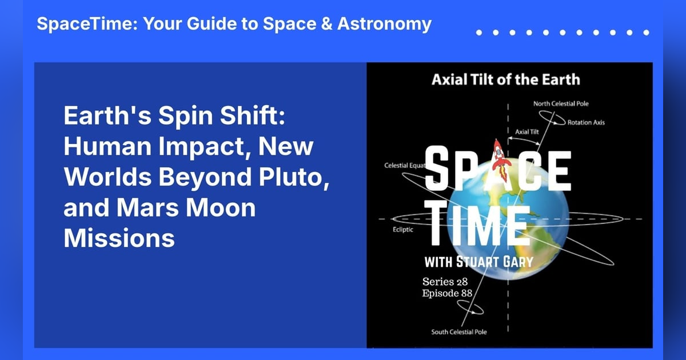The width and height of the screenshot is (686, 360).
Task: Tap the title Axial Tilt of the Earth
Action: coord(506,79)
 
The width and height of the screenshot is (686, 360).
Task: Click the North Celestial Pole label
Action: coord(561,104)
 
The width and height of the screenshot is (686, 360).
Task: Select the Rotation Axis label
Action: coord(586,122)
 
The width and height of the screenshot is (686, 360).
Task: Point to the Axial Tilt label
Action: coord(528,131)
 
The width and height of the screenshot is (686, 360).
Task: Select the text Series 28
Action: coord(446,282)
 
